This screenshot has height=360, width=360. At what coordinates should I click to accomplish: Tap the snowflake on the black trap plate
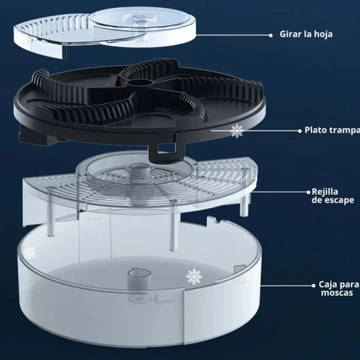coord(236,130)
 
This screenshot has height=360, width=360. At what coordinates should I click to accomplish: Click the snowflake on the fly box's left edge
coord(30,253)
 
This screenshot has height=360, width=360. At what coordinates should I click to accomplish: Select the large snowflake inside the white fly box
coord(194,276)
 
